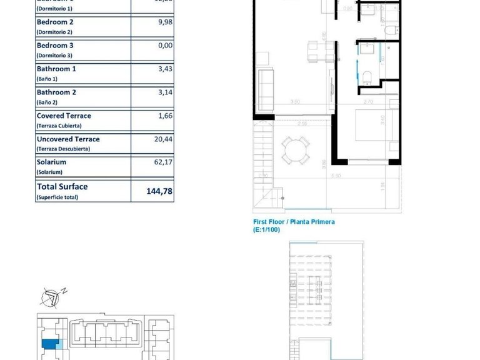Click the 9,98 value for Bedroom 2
point(165,22)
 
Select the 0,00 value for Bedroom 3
point(165,46)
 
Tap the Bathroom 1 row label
point(56,69)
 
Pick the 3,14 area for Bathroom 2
point(165,92)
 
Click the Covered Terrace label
point(63,116)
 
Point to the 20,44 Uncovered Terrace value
point(162,139)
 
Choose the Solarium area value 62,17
point(162,162)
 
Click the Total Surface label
point(62,186)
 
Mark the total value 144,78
point(159,191)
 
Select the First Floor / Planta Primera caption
point(293,222)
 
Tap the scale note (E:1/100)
point(267,230)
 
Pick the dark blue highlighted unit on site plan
point(49,342)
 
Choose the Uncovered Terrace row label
point(67,139)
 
